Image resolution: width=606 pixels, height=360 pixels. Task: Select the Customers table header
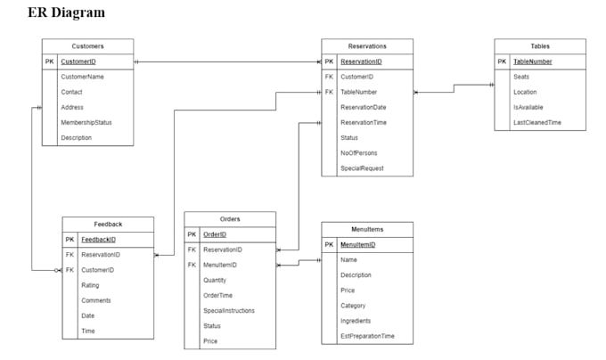pos(87,45)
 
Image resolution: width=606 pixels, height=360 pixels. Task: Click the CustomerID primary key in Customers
pos(78,61)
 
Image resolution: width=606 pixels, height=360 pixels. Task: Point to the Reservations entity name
pos(367,45)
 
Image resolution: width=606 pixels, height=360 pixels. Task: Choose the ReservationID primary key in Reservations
pos(361,61)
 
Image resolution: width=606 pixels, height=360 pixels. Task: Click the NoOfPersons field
pos(359,153)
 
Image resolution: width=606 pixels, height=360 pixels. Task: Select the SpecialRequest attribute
pos(362,168)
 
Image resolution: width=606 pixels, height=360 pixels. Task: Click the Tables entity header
pos(540,45)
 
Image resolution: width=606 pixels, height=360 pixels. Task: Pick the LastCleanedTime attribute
pos(537,122)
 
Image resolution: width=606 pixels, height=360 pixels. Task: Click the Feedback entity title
pos(108,224)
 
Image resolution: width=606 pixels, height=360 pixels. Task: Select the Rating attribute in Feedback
pos(90,285)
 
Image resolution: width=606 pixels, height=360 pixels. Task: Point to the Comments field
pos(95,300)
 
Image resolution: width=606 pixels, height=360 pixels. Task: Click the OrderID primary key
pos(215,234)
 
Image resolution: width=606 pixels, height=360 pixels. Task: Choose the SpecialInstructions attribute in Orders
pos(229,311)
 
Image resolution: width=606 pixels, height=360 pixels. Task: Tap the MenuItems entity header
pos(367,229)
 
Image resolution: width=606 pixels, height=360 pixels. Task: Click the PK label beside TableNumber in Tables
pos(502,61)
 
